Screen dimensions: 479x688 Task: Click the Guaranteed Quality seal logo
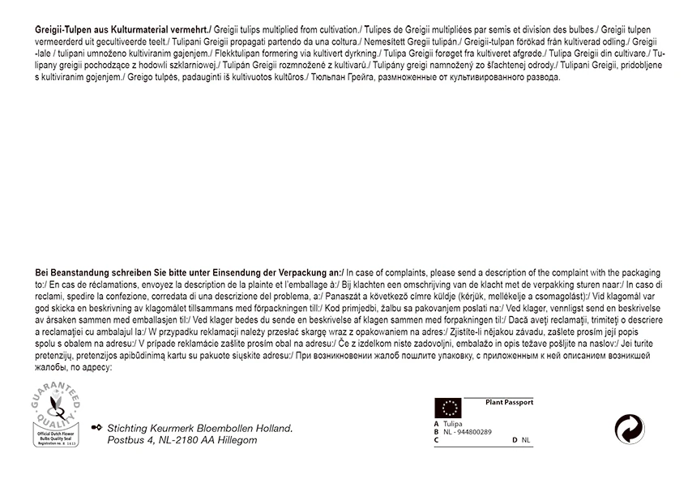(x=58, y=417)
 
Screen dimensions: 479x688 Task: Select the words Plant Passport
(x=509, y=402)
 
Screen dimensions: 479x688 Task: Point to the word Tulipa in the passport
(x=453, y=424)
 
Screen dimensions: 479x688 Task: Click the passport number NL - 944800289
(x=468, y=432)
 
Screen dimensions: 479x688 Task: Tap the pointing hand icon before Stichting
(x=97, y=427)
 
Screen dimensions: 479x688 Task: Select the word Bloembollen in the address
(x=222, y=428)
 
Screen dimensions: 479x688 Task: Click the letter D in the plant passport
(x=515, y=440)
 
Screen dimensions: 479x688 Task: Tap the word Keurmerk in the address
(x=174, y=428)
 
